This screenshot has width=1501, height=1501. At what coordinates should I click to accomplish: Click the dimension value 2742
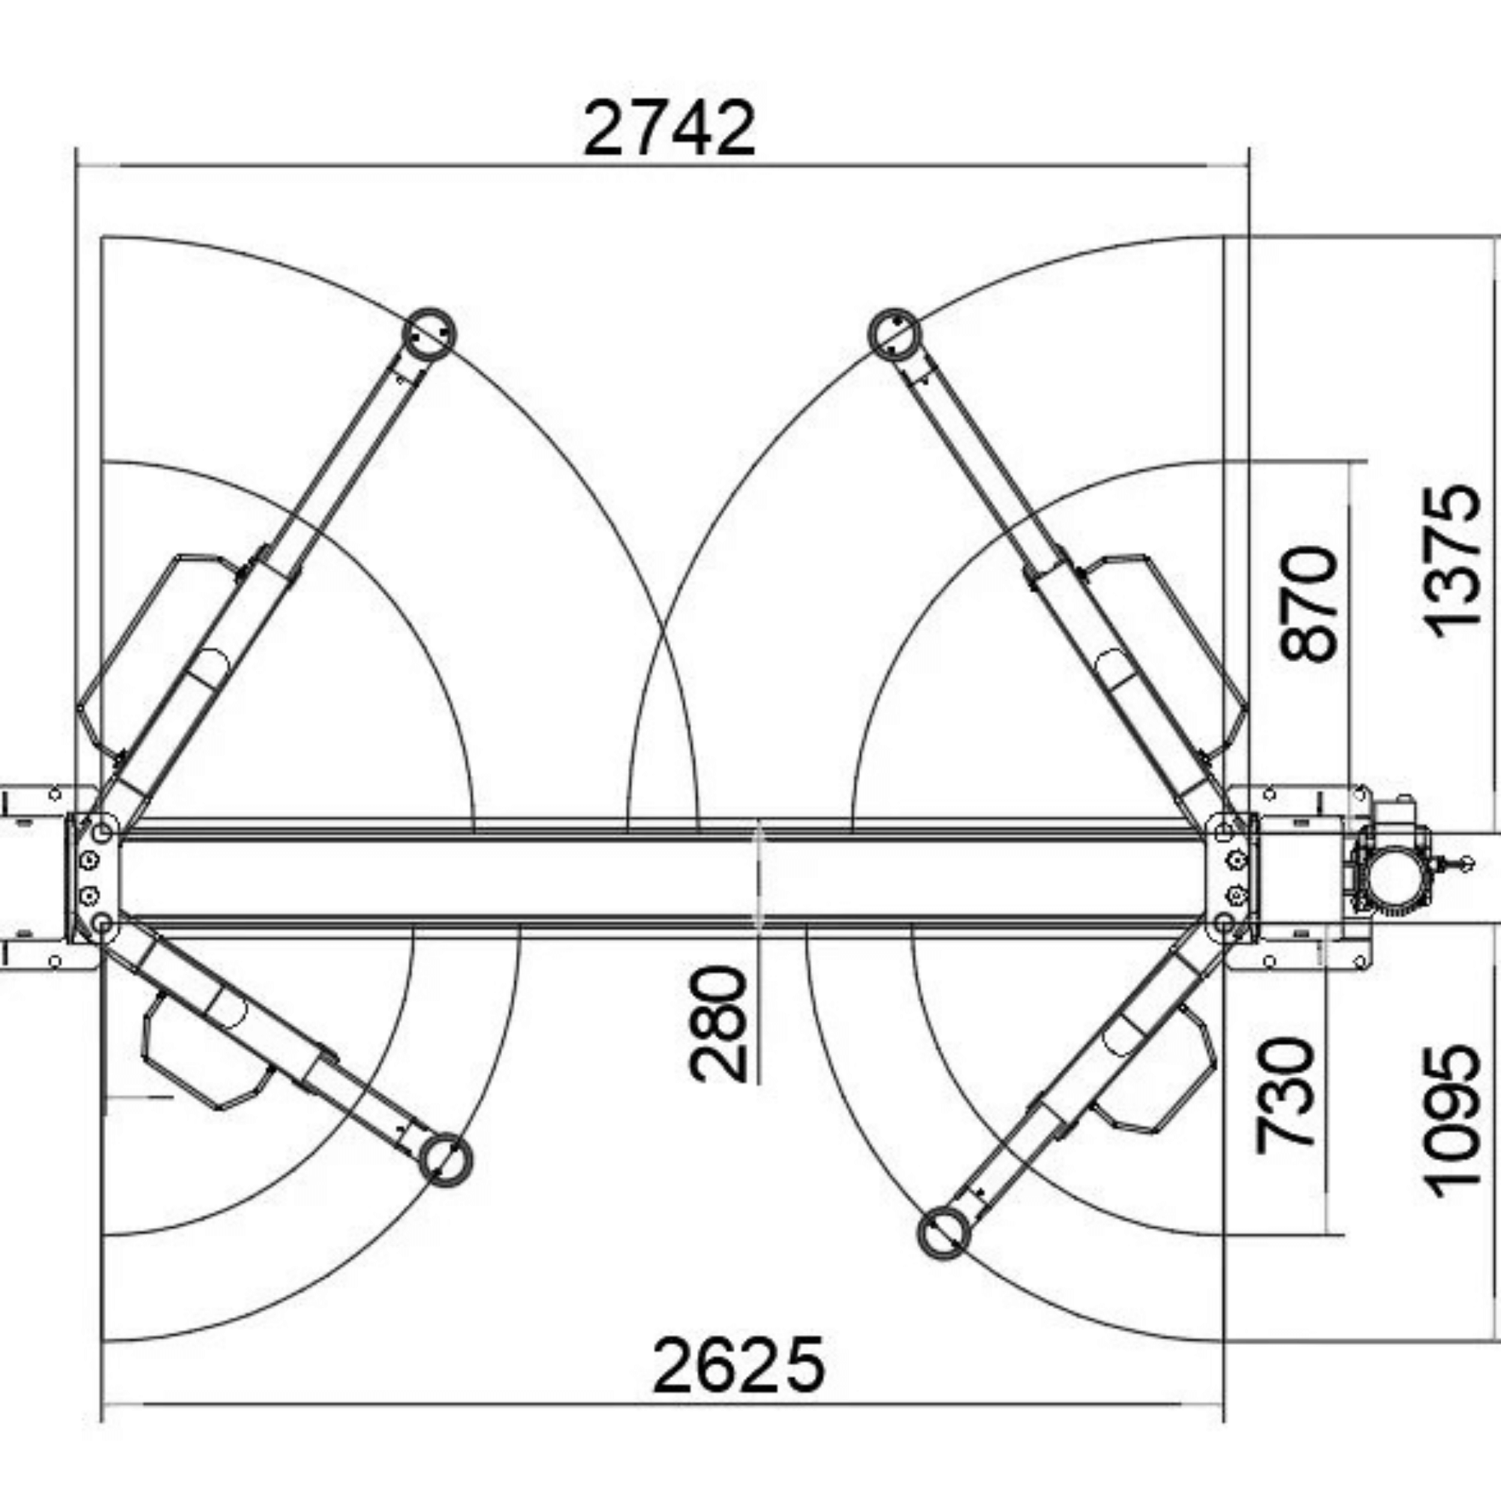click(669, 128)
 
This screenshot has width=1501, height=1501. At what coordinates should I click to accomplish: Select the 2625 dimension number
click(738, 1365)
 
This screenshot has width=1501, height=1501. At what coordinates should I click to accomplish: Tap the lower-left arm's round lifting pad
click(445, 1160)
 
